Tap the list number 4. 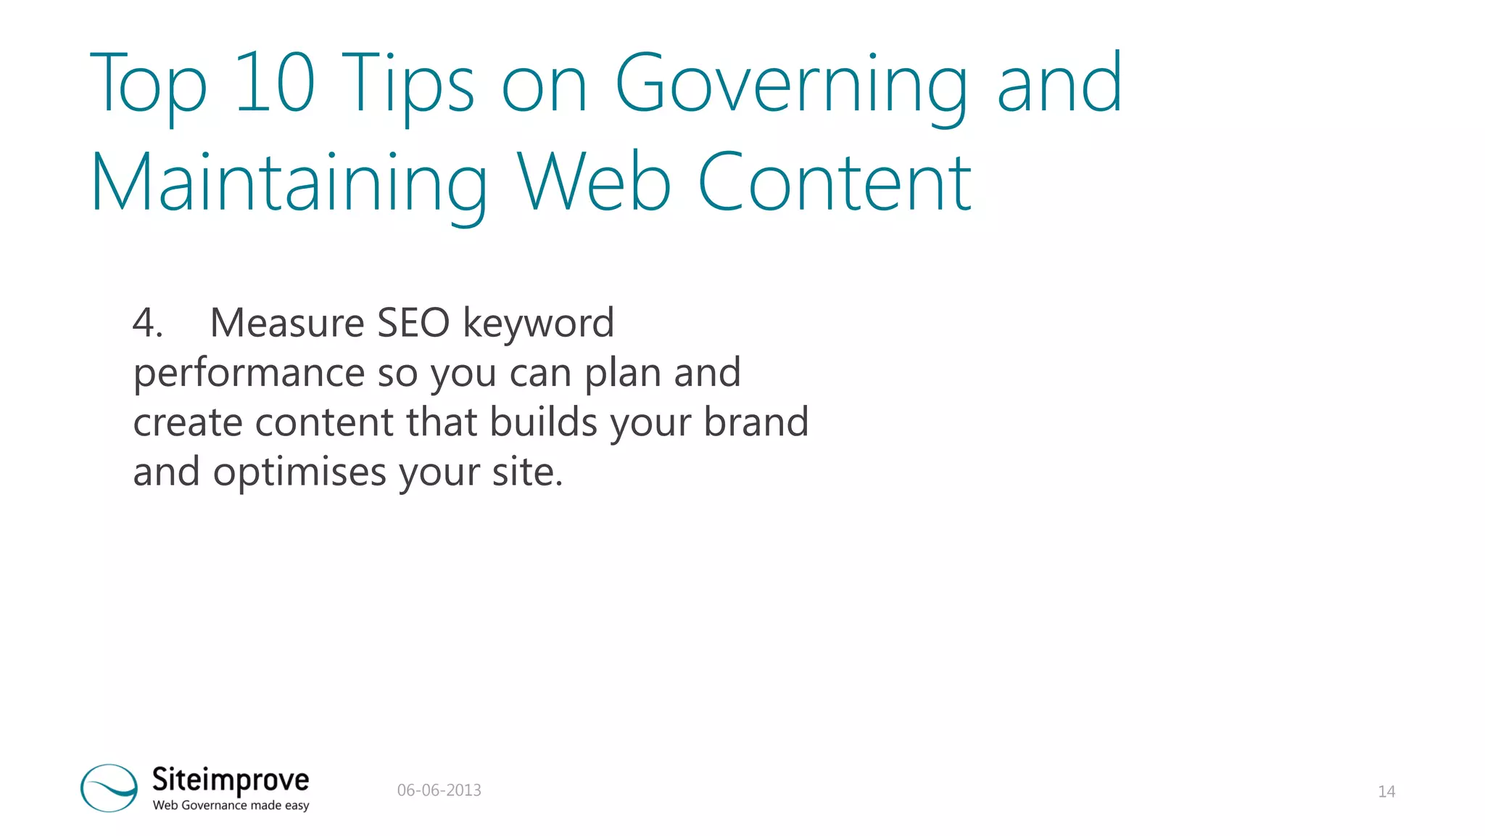[147, 323]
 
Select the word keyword [538, 323]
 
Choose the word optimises [299, 472]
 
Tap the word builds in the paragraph [543, 422]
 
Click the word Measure [287, 323]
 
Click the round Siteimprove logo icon [109, 787]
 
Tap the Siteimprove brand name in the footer [231, 779]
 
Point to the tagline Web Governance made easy [231, 806]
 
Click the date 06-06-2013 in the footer [439, 790]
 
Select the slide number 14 [1386, 792]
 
